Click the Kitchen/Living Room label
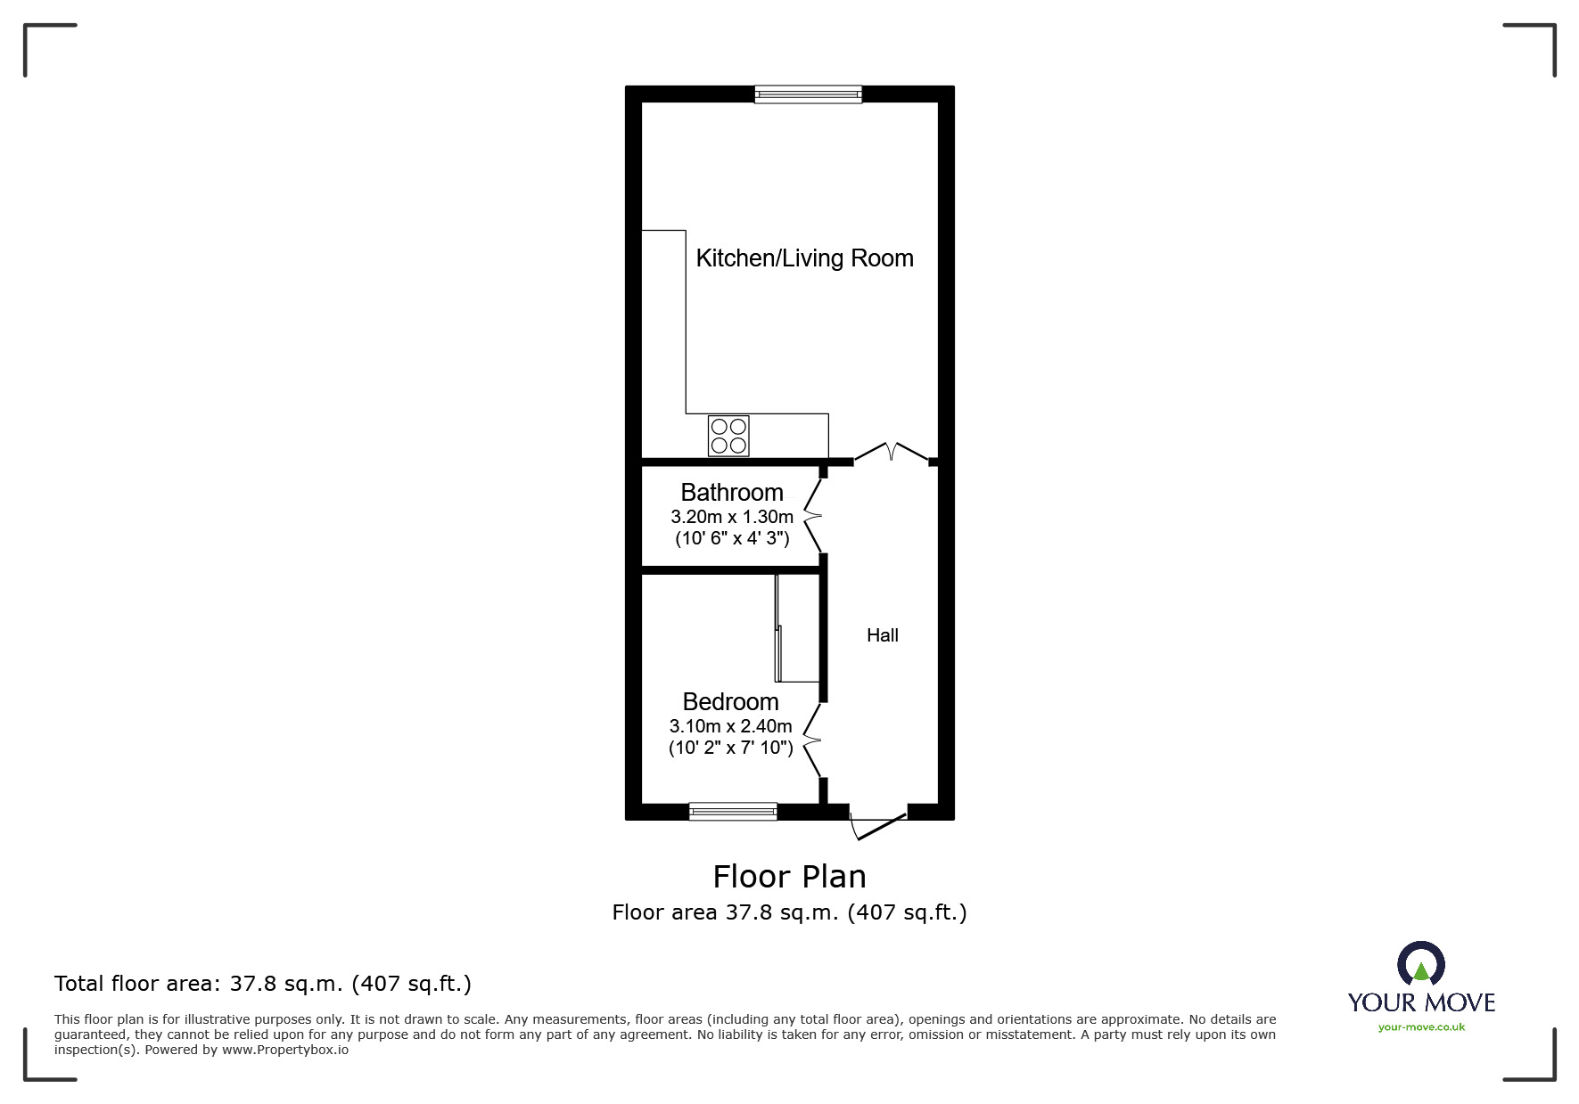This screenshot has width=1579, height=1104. point(804,258)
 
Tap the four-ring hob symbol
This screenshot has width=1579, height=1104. point(728,436)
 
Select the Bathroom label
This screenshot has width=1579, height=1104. point(731,493)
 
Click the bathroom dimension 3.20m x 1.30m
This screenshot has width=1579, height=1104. point(731,517)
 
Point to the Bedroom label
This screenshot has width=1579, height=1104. point(730,702)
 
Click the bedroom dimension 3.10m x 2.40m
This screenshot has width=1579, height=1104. point(730,726)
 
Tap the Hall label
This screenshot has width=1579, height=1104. point(882,635)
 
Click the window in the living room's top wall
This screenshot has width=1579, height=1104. point(808,94)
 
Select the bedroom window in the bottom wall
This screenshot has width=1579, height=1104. point(733,811)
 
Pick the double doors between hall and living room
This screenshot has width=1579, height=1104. point(892,453)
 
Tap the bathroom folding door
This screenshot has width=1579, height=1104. point(813,515)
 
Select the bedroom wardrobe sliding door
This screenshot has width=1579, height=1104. point(778,628)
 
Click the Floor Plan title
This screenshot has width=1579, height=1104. point(789,877)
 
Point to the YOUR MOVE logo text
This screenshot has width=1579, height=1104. point(1421,1002)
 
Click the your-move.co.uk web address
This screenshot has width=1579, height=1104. point(1421,1027)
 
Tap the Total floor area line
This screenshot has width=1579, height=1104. point(263,984)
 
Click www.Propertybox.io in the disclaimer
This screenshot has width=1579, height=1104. point(285,1050)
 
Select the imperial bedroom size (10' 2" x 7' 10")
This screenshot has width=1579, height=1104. point(730,748)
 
